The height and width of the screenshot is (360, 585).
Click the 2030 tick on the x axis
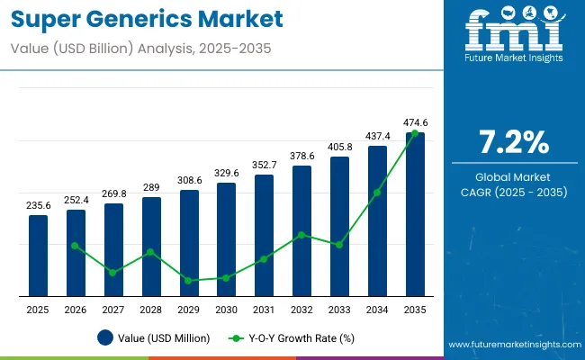[x=226, y=310]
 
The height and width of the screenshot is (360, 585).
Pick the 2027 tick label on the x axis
[x=113, y=310]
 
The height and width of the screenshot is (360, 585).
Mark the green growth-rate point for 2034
[x=377, y=193]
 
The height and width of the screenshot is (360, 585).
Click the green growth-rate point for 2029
[x=189, y=280]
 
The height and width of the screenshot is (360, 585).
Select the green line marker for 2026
[x=76, y=246]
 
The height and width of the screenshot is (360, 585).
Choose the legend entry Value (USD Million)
[x=153, y=338]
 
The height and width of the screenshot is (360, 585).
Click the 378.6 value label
[x=301, y=156]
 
